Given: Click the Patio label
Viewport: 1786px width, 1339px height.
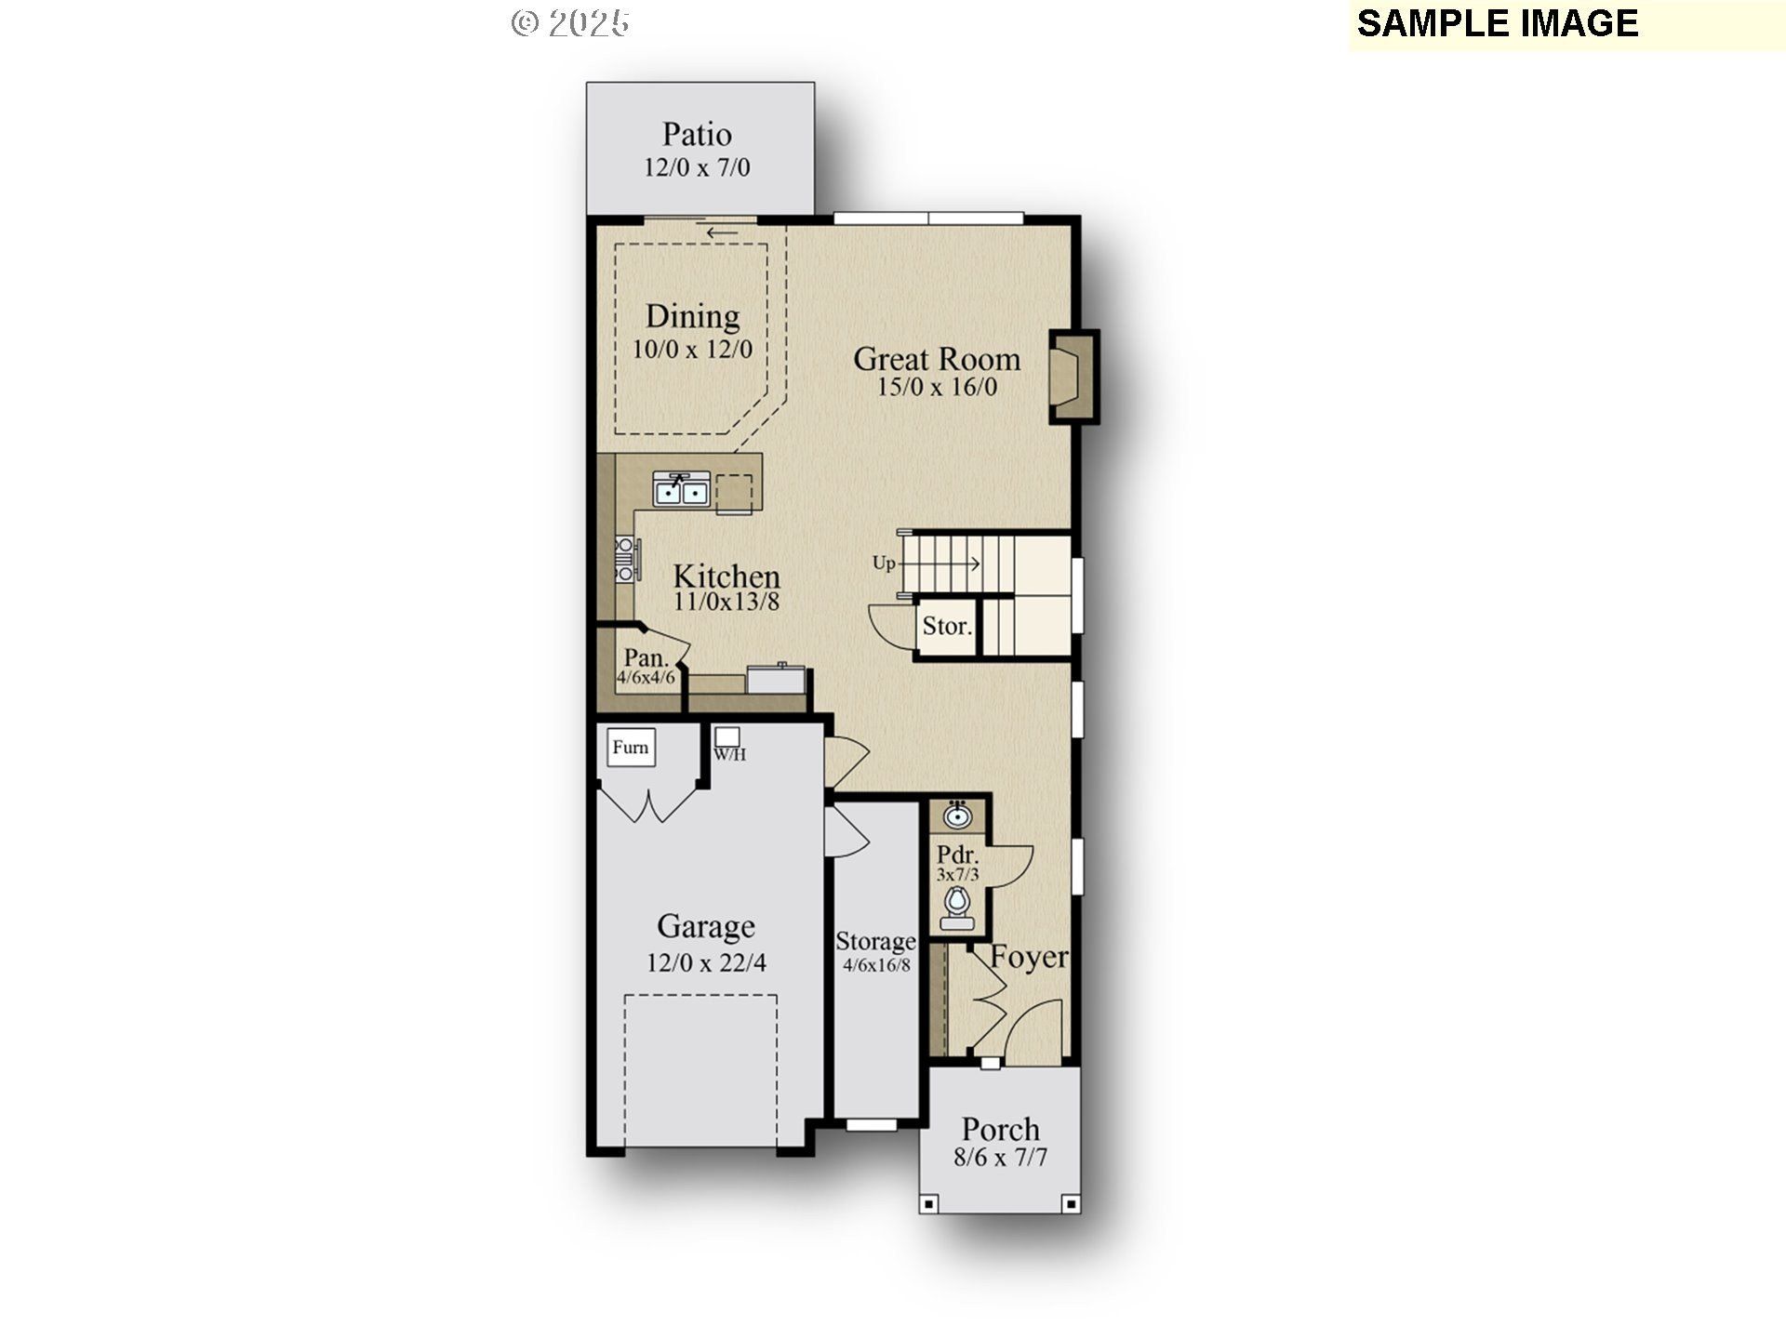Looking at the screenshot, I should (x=697, y=134).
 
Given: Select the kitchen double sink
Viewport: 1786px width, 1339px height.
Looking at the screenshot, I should (x=682, y=489).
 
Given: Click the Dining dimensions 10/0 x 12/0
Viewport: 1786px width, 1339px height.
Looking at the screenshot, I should (x=692, y=350).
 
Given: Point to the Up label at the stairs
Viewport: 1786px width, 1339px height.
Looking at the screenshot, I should (x=883, y=563).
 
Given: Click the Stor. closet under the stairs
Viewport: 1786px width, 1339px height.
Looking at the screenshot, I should (x=946, y=627).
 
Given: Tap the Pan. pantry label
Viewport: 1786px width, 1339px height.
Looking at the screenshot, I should (x=646, y=657).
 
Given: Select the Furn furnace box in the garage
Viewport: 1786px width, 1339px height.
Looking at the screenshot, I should (x=631, y=748).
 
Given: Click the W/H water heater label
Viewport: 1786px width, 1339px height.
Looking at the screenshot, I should (x=729, y=754).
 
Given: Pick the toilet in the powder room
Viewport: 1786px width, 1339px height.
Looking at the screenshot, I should (x=957, y=904).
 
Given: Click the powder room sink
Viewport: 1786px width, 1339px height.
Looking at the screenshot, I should (x=957, y=816).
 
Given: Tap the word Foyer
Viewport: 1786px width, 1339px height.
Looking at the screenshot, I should (x=1028, y=957).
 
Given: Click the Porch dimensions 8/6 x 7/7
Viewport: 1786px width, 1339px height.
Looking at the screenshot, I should (x=1000, y=1158).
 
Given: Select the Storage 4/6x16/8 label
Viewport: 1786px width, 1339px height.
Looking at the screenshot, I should (x=875, y=952).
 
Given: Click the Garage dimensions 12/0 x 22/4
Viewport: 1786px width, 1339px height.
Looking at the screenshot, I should (x=706, y=962).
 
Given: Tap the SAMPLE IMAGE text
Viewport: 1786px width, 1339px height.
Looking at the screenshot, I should (x=1497, y=23).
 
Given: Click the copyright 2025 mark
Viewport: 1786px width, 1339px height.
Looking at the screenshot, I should (x=570, y=23).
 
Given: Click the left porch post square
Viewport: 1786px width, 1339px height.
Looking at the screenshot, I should (x=928, y=1204).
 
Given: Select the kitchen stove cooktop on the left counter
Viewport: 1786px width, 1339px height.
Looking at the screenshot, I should (x=625, y=560).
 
